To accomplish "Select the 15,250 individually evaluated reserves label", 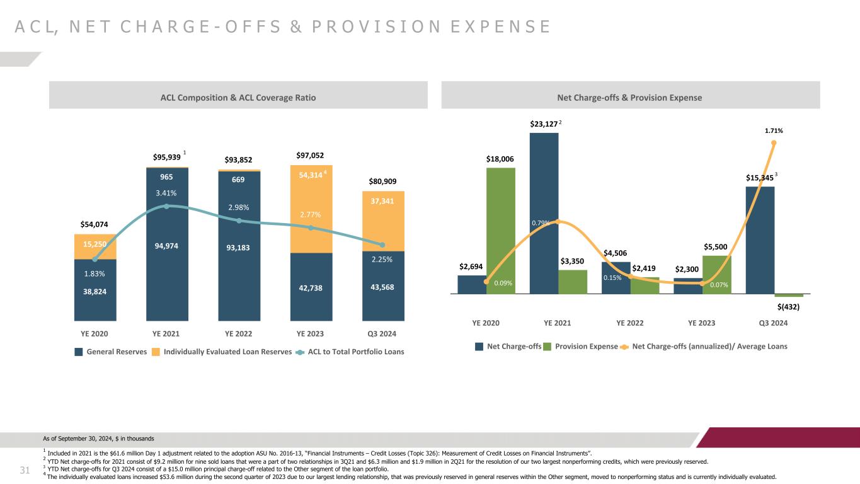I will [95, 244].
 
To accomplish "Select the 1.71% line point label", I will [774, 130].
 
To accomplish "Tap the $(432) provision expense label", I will [788, 306].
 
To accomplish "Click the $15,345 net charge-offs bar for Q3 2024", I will [760, 239].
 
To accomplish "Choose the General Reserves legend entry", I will [111, 352].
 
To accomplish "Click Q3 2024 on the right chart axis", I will [774, 323].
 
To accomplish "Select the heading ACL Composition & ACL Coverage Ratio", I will [238, 98].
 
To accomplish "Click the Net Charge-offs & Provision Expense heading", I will [630, 98].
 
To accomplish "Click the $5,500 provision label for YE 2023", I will [717, 247].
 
